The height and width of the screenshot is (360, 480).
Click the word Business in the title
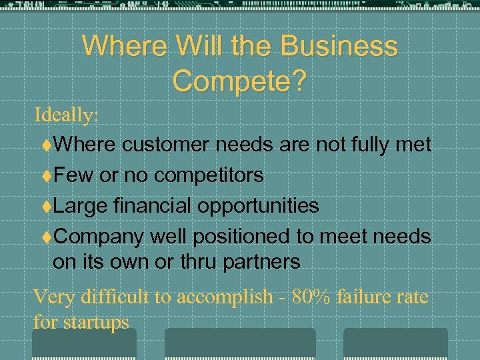339,47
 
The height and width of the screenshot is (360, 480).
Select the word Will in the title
204,47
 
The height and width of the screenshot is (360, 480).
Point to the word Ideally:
67,115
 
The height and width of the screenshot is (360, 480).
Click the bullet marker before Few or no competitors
47,175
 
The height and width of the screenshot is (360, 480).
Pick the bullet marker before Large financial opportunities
47,206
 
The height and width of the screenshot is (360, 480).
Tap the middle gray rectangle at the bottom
240,343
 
